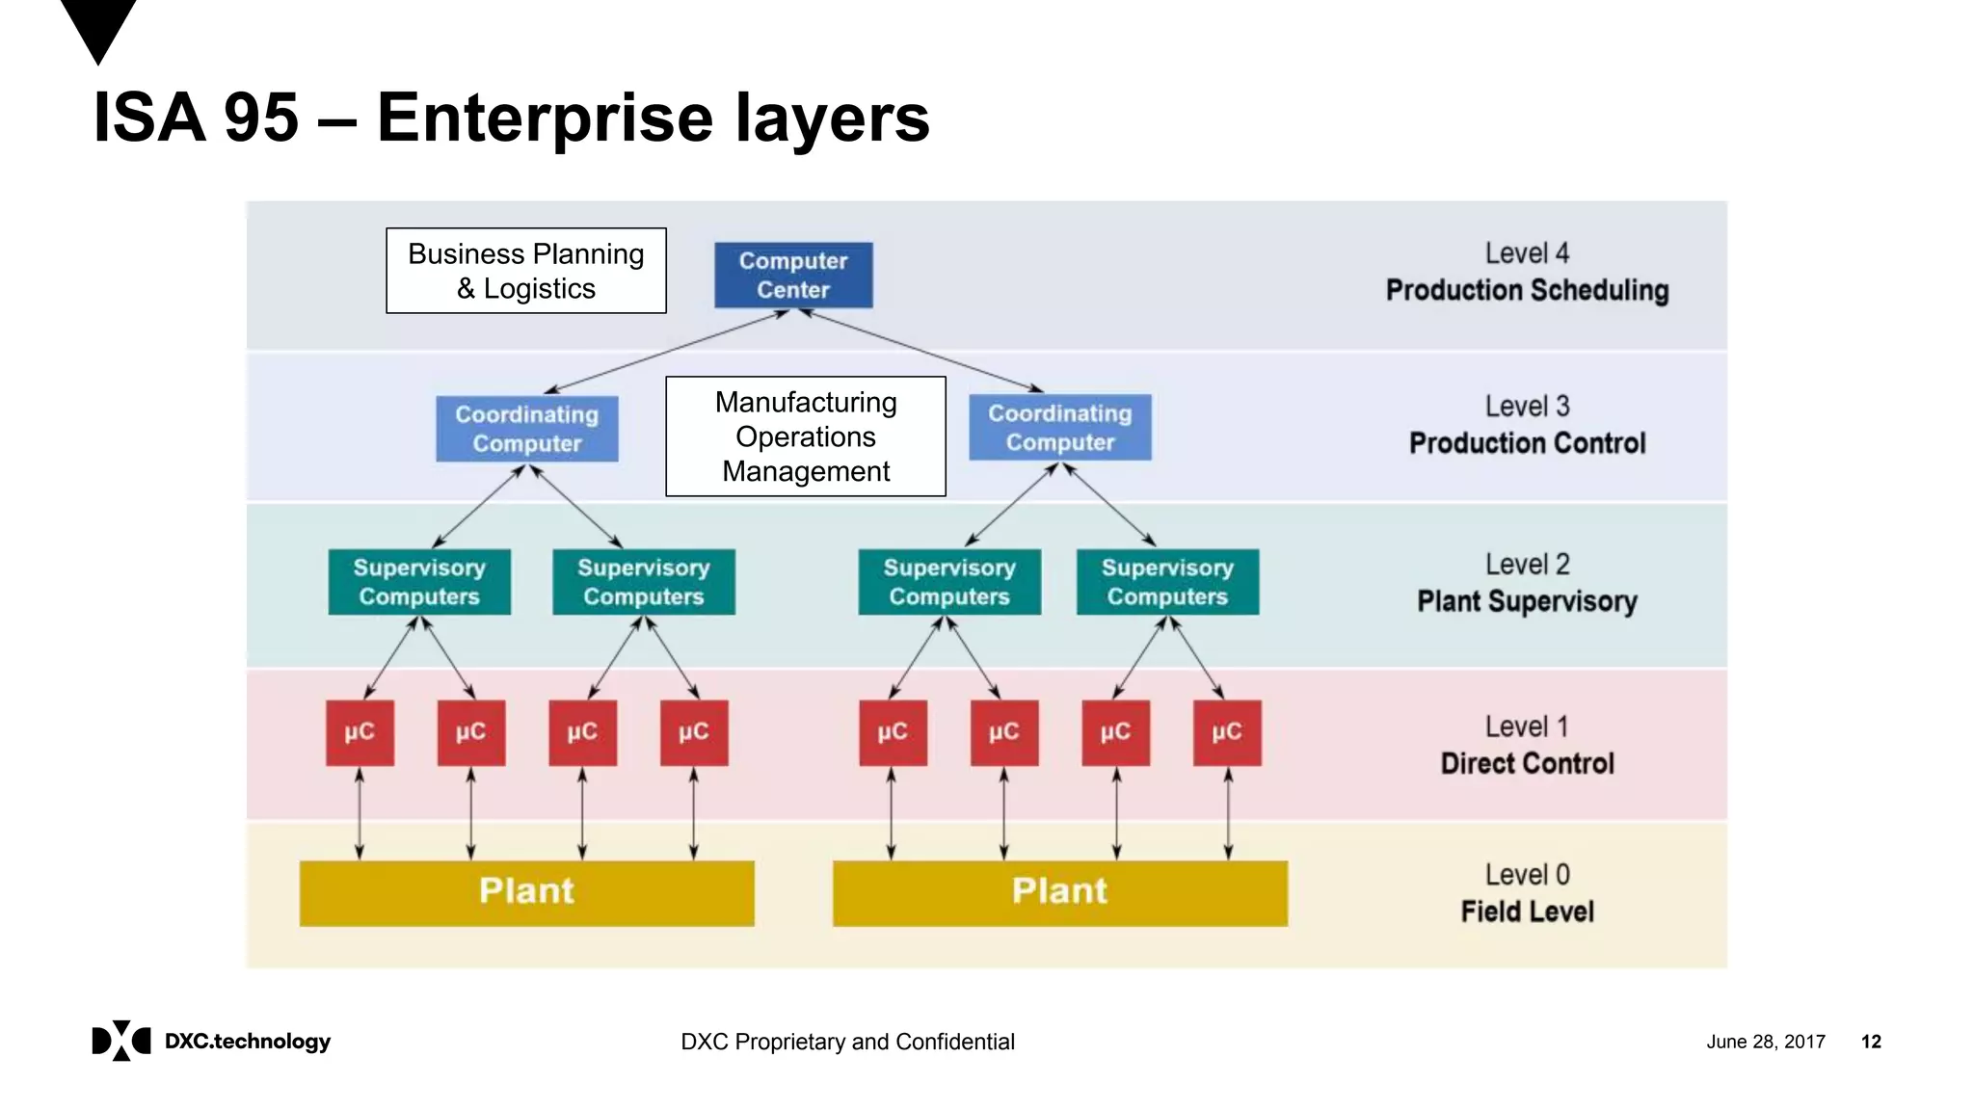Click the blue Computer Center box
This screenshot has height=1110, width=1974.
793,276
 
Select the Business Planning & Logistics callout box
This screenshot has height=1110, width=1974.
525,271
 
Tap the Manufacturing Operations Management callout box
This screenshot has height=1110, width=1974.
806,436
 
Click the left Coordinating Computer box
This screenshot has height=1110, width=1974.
526,429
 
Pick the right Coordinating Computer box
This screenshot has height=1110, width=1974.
1059,428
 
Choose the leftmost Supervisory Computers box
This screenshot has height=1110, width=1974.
419,582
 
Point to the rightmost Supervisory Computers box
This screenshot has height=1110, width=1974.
1167,582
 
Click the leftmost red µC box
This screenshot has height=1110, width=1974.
360,732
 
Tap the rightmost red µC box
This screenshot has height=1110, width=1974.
1226,732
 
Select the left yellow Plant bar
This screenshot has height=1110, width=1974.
526,892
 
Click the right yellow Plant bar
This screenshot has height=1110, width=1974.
1059,892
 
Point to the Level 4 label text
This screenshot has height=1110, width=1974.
1527,253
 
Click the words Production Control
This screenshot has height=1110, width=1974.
1527,443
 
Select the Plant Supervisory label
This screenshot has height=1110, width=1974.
1527,601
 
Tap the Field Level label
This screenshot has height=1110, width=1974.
1527,912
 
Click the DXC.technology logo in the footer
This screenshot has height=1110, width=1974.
211,1041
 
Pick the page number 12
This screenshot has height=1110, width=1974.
1871,1042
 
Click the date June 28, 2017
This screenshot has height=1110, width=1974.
1765,1042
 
